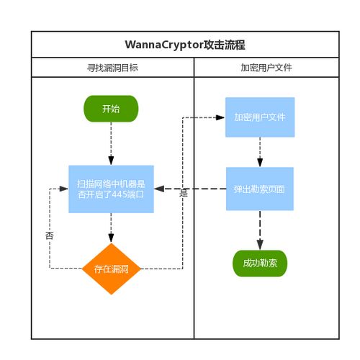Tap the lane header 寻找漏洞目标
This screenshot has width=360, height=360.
(112, 68)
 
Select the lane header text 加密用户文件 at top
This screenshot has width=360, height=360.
(266, 68)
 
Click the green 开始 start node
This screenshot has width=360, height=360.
(111, 109)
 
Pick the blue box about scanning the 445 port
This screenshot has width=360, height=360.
(111, 189)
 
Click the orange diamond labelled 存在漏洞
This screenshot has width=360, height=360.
(111, 269)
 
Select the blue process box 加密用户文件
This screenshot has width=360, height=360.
(259, 117)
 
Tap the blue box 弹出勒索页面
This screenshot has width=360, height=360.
(259, 189)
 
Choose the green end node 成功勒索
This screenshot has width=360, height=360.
(260, 264)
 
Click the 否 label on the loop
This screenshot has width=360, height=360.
(49, 235)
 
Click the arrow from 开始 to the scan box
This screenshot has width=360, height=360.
(111, 144)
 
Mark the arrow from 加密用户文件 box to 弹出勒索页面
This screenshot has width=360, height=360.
(260, 153)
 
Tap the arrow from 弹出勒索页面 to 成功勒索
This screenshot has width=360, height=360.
(260, 230)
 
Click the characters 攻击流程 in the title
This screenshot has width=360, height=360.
(221, 45)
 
